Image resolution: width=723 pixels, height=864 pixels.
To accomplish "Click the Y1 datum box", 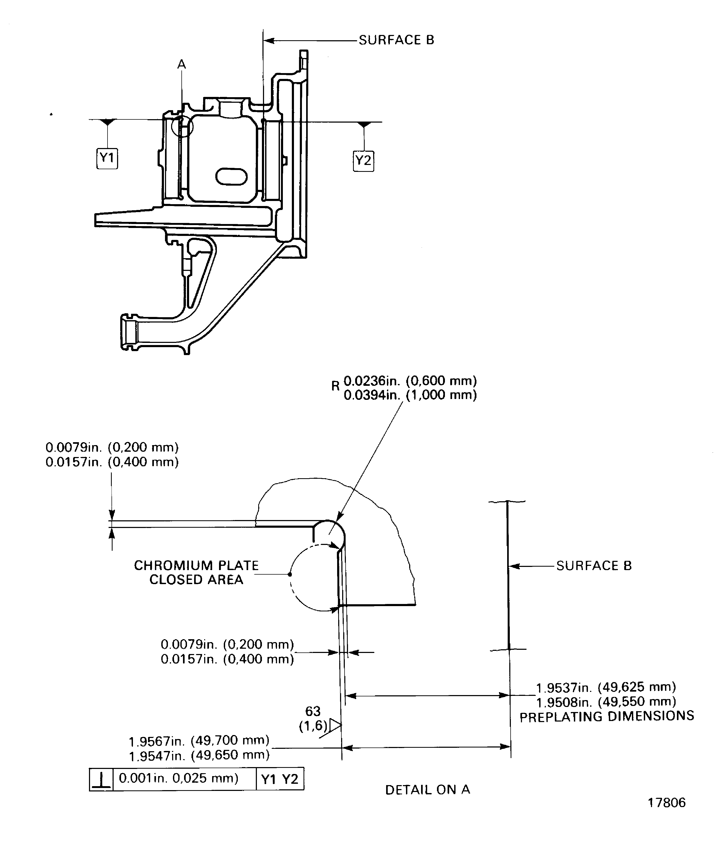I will point(107,158).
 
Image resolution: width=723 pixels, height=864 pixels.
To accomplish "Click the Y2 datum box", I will point(363,161).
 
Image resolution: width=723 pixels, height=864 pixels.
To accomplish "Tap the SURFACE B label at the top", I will point(396,40).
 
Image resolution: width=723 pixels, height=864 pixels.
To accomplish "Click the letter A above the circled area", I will point(181,65).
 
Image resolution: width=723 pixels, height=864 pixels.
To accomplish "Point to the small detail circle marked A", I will point(182,126).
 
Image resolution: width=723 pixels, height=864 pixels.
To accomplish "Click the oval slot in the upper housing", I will point(231,177).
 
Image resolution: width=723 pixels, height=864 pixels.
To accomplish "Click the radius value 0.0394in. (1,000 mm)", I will point(410,395).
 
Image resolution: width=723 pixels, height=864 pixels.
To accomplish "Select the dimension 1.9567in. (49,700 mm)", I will point(199,741).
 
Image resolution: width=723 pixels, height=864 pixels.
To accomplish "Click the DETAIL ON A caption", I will point(427,790).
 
